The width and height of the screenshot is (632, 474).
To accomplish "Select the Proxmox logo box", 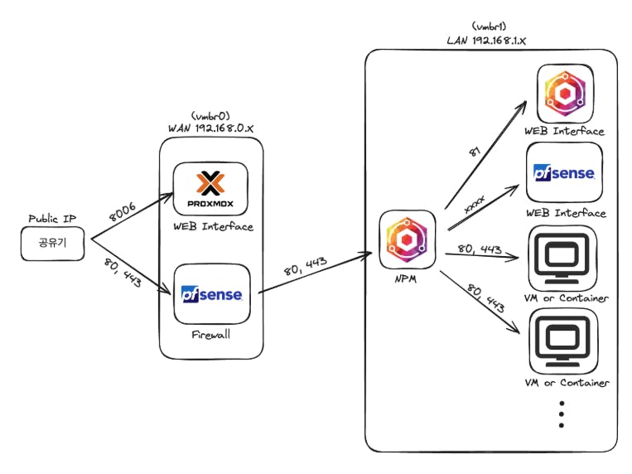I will coord(210,187).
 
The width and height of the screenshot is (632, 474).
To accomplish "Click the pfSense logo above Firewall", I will coord(211,294).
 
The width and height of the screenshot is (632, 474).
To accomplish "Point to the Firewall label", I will coord(210,336).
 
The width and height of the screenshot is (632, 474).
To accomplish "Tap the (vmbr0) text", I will coord(210,115).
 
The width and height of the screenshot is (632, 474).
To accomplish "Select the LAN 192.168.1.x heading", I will coord(490,39).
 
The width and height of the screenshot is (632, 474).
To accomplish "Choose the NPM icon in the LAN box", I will coord(407,239).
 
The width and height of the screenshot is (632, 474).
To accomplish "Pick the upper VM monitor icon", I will coord(562,257).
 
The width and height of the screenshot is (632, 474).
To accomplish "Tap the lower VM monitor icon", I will coord(562,341).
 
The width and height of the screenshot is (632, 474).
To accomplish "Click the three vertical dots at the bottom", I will coord(562,414).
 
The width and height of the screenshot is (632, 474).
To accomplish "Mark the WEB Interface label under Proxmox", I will coord(212,227).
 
